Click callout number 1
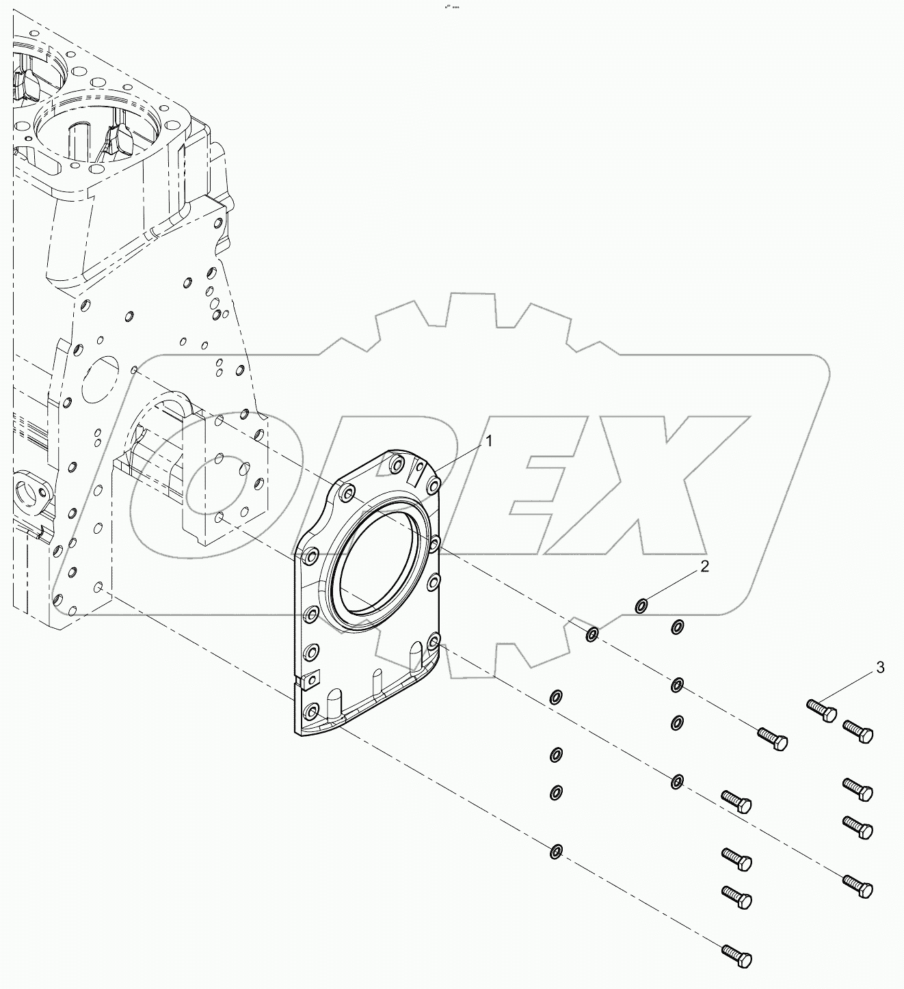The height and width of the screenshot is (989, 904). [x=489, y=442]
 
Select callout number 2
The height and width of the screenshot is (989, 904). [x=704, y=566]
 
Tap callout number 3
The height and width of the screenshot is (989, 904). [x=880, y=667]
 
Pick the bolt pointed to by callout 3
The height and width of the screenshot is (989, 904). [x=821, y=710]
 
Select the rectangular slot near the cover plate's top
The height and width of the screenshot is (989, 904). [x=416, y=473]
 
